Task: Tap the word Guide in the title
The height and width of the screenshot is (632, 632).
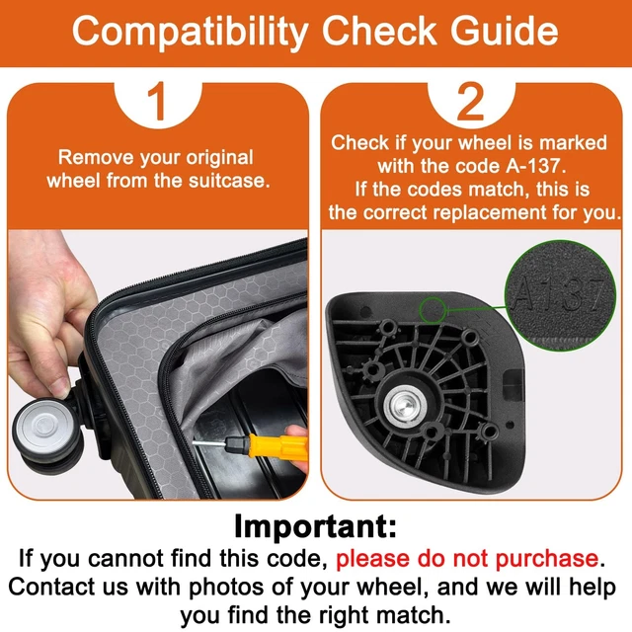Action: [x=505, y=31]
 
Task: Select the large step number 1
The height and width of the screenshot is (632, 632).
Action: [x=157, y=101]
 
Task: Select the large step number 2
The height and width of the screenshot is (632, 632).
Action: [x=470, y=101]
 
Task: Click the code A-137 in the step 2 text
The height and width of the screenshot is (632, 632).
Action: [x=533, y=166]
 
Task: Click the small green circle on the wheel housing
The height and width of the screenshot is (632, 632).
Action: [x=433, y=310]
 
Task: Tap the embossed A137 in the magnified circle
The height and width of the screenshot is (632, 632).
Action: [x=560, y=296]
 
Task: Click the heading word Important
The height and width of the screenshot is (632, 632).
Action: [x=315, y=526]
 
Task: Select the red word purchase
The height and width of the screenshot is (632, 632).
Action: [x=546, y=558]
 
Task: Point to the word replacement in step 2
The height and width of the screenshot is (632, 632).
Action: [x=490, y=212]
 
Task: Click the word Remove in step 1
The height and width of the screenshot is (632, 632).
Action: [x=96, y=157]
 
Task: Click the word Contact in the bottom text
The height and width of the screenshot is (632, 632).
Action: [x=51, y=587]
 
